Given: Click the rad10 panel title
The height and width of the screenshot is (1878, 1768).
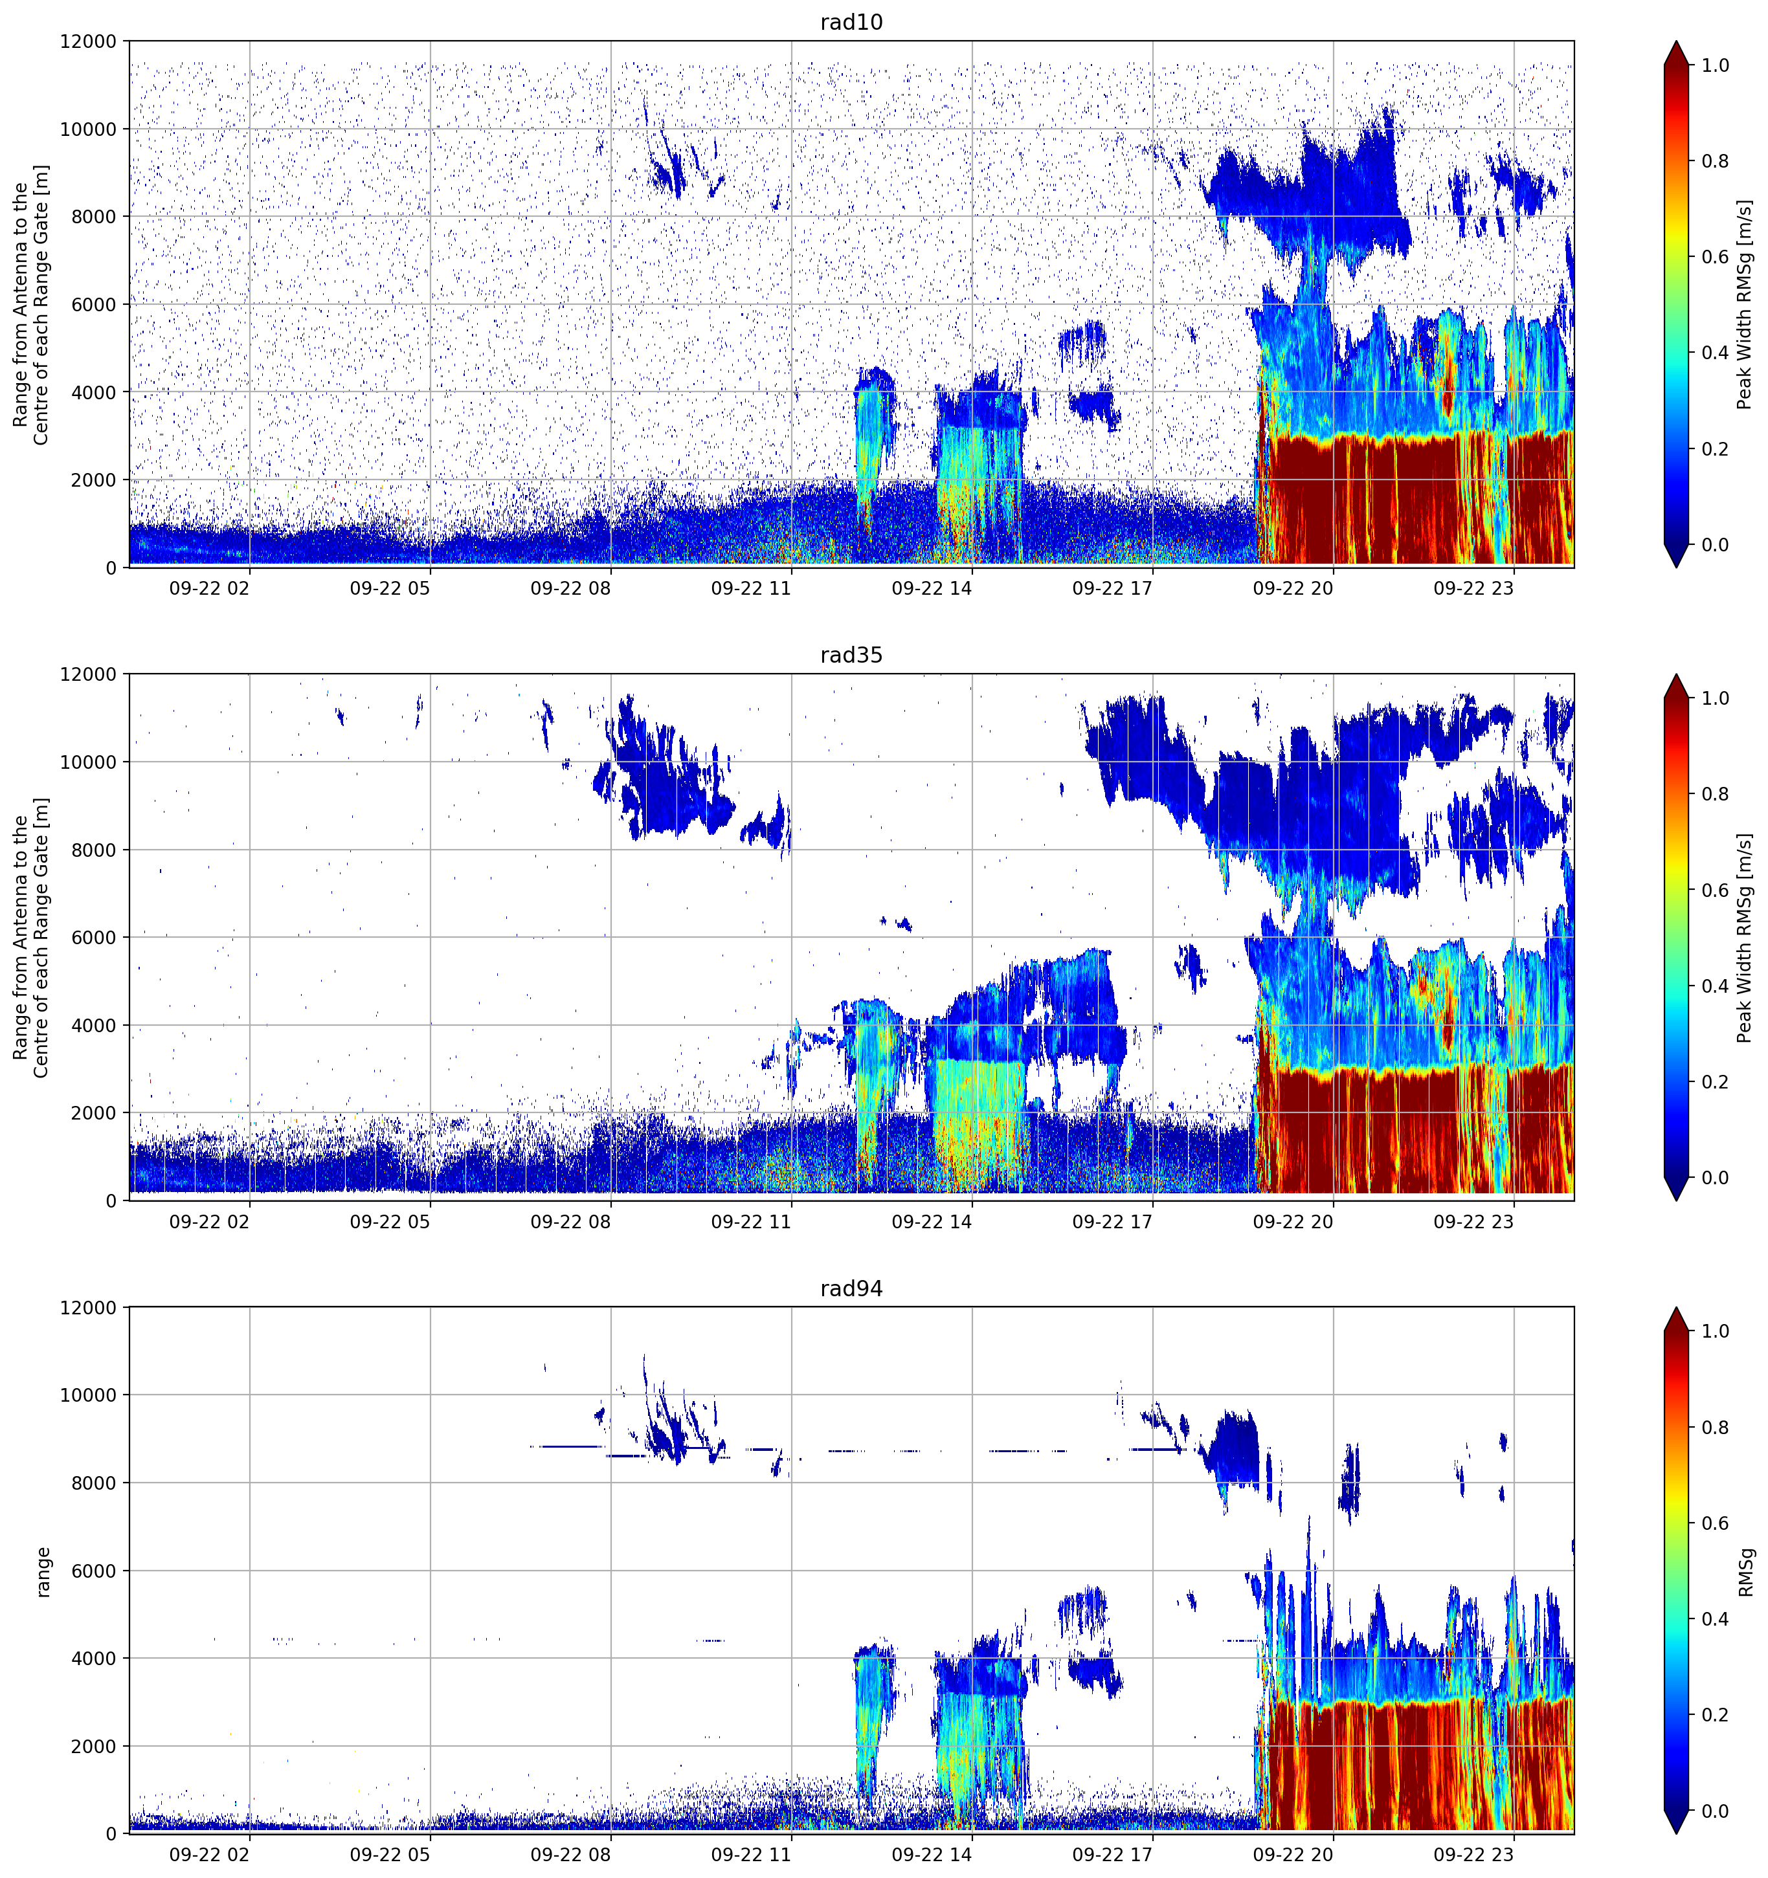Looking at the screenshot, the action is click(851, 22).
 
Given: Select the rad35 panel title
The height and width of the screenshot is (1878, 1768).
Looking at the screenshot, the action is click(851, 655).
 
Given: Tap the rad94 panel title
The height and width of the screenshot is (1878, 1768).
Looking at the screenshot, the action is click(851, 1288).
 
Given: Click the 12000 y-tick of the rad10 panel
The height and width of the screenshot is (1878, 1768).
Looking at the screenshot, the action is click(89, 41).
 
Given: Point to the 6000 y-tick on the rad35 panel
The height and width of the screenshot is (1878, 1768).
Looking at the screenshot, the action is click(95, 937).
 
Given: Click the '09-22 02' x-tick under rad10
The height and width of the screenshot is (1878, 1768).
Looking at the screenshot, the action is click(209, 588).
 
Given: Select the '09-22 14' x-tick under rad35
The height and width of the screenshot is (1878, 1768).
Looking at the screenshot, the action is click(931, 1221).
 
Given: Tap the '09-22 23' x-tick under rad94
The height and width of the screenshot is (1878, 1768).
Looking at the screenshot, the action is click(1473, 1855).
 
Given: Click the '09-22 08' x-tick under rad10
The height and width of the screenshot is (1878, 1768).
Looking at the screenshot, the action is click(570, 588).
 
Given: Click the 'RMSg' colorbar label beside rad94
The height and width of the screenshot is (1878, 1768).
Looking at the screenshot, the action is click(1745, 1571).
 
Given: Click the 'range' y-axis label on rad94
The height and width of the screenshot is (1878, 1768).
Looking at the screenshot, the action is click(43, 1571).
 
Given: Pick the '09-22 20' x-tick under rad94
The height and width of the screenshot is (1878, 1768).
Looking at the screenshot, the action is click(1293, 1855).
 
